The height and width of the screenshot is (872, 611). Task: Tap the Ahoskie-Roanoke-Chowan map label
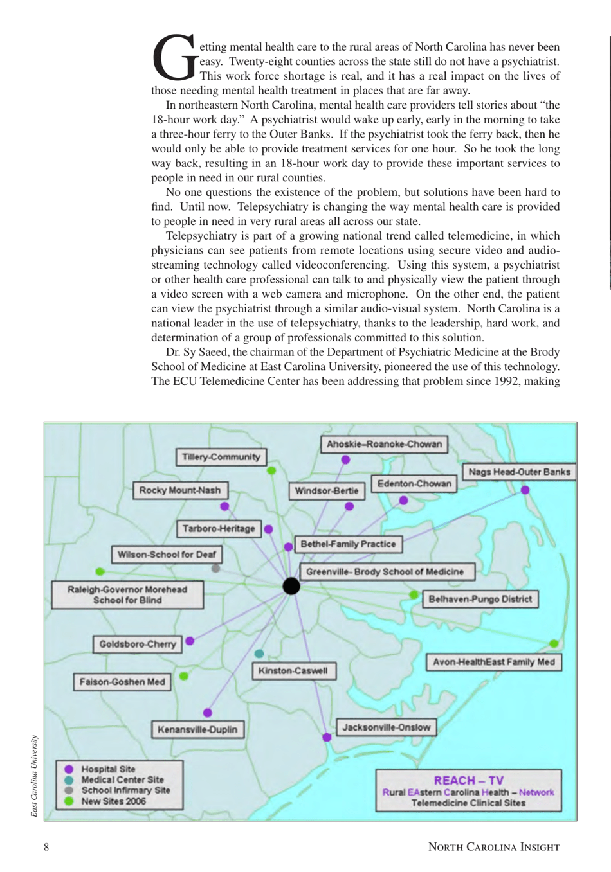[x=384, y=444]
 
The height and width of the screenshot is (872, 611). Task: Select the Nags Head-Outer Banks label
[x=518, y=472]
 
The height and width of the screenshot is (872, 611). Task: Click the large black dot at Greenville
[x=291, y=585]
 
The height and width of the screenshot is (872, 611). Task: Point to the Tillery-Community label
[x=221, y=457]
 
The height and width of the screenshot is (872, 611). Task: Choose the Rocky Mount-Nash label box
[x=179, y=490]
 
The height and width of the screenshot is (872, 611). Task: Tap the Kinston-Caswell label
[x=293, y=671]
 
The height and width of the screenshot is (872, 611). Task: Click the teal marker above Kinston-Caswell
[x=259, y=654]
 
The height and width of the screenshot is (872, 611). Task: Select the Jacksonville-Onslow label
[x=386, y=727]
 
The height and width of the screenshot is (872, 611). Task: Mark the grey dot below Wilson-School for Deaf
[x=215, y=569]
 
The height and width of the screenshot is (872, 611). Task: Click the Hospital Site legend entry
[x=108, y=769]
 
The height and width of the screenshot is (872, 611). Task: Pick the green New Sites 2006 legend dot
[x=69, y=801]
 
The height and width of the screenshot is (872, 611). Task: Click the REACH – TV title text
[x=468, y=780]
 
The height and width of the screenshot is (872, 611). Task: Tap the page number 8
[x=46, y=847]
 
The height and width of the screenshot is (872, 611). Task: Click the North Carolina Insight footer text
[x=493, y=847]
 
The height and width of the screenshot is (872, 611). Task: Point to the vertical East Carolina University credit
[x=34, y=776]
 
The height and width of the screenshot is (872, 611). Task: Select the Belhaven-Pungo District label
[x=480, y=599]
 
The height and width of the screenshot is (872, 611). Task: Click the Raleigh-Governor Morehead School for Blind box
[x=127, y=594]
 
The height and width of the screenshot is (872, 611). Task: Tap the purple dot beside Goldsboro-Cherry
[x=190, y=641]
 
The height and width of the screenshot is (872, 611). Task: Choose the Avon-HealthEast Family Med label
[x=493, y=662]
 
